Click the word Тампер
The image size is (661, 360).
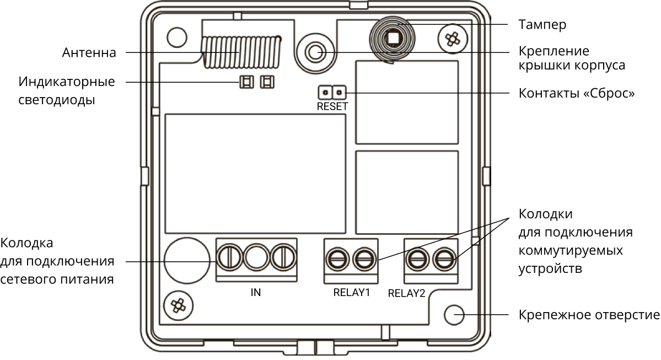click(542, 25)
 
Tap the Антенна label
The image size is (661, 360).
click(89, 53)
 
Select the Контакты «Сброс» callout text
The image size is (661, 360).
click(577, 93)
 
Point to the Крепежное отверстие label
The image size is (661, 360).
click(589, 315)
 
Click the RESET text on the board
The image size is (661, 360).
click(332, 106)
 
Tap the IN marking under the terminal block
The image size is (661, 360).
click(255, 292)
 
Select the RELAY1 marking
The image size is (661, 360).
click(351, 292)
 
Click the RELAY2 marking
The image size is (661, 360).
click(407, 293)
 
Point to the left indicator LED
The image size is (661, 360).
click(246, 83)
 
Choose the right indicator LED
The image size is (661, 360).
click(267, 83)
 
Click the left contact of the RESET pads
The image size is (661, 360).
click(326, 92)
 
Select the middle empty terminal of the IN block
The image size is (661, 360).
click(256, 257)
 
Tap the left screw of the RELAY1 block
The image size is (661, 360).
click(337, 257)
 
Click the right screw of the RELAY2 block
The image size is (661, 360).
click(444, 257)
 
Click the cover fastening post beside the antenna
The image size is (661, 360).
click(315, 52)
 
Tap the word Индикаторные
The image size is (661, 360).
click(67, 82)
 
